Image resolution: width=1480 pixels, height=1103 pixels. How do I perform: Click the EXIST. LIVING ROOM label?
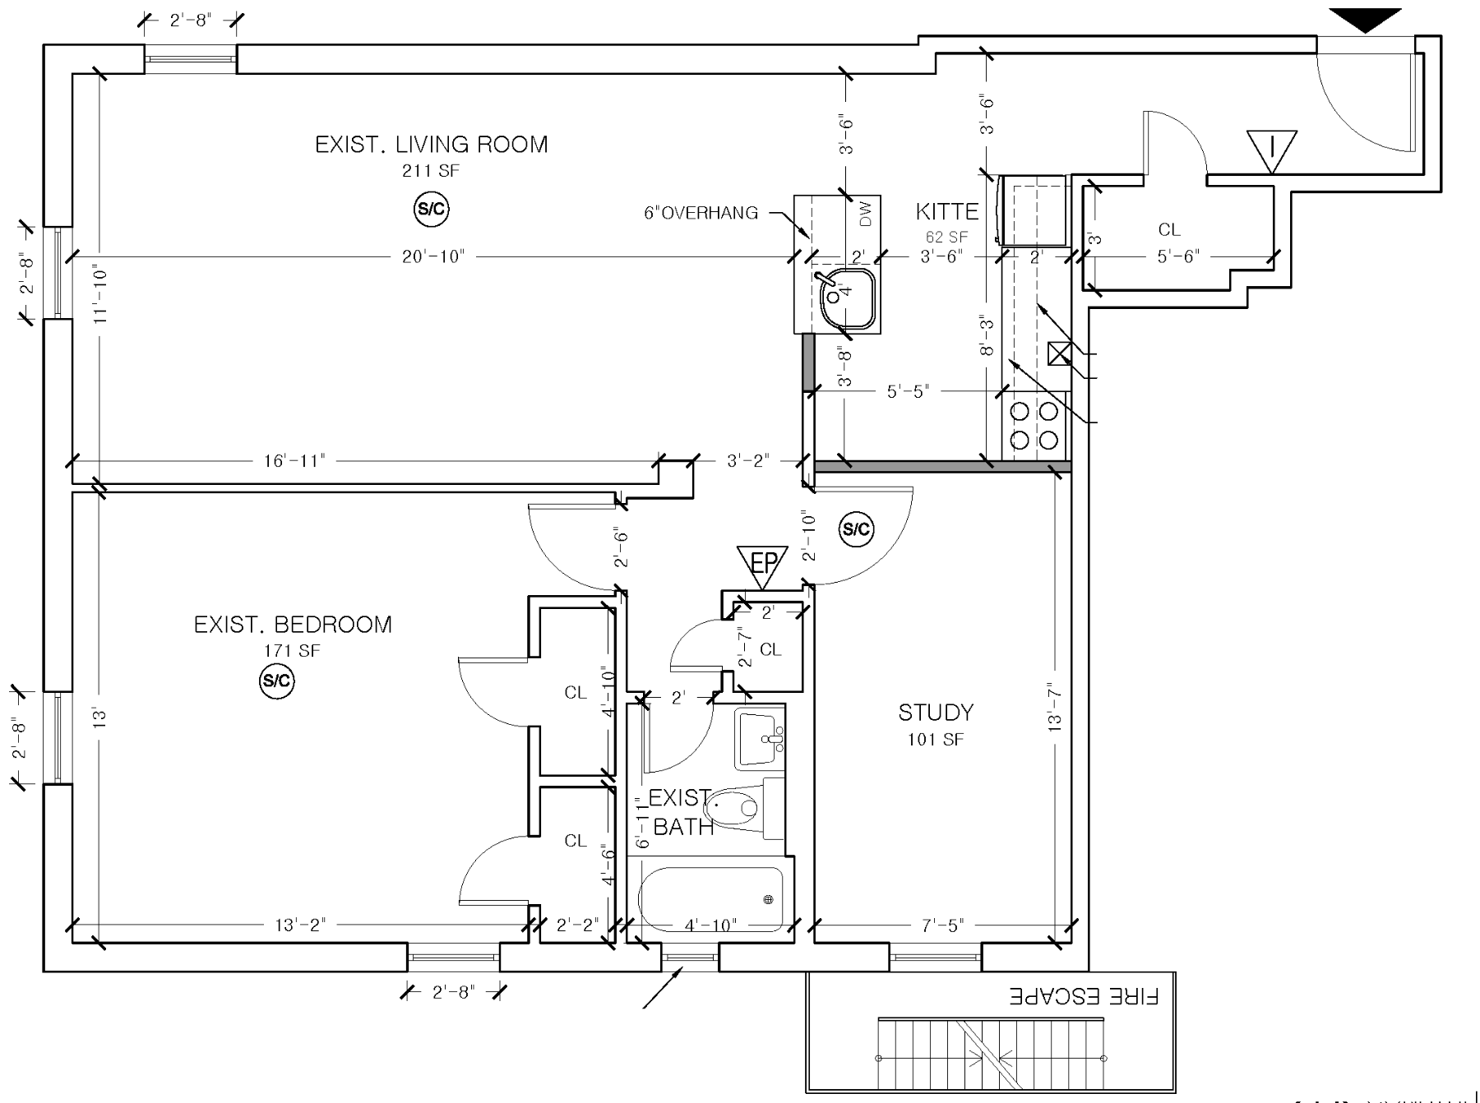pos(431,145)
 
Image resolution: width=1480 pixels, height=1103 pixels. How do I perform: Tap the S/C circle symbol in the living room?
pos(431,210)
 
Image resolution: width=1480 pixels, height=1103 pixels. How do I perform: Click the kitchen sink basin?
pos(846,298)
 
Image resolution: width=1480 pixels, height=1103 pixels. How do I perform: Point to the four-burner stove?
pos(1034,425)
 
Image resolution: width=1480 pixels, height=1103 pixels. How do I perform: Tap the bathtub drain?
pos(769,899)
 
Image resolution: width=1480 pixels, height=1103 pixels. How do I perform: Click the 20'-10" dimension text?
pos(433,256)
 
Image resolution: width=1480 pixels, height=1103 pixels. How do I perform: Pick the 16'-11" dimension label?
pos(294,460)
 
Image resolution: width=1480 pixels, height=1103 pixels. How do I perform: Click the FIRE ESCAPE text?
pos(1084,997)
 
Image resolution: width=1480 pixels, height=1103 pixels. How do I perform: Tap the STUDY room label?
pos(936,713)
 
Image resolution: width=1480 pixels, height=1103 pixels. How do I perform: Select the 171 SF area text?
pos(292,651)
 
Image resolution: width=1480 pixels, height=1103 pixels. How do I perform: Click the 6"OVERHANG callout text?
pos(701,213)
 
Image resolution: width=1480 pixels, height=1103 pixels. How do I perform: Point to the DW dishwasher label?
pos(865,215)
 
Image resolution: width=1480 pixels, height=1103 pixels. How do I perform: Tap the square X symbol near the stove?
pos(1060,353)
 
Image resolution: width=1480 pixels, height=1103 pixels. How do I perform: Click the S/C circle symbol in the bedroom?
pos(276,681)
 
